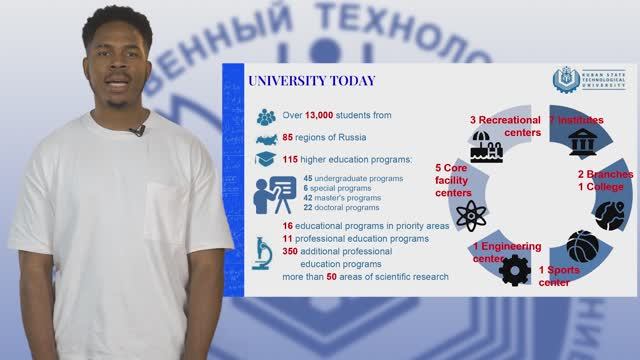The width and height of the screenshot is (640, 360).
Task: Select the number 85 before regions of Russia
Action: tap(291, 138)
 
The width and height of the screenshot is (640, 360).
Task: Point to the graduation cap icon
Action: tap(265, 159)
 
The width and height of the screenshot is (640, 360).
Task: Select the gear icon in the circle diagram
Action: tap(514, 268)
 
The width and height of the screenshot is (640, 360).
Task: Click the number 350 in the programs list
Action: tap(292, 252)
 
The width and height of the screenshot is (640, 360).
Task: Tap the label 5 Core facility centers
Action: tap(451, 180)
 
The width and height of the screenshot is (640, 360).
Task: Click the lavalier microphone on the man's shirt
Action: tap(137, 130)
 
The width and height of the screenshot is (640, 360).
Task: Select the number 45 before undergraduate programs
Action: tap(308, 178)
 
